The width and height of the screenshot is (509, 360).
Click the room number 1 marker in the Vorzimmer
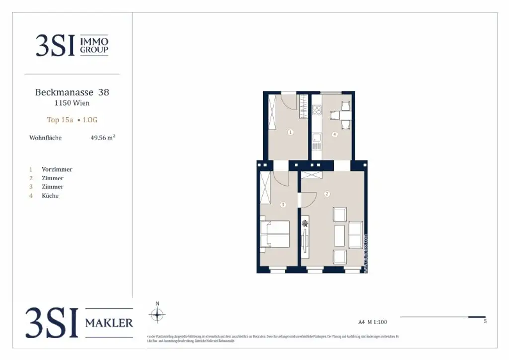290,132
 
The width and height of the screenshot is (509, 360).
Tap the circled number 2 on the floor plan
327,193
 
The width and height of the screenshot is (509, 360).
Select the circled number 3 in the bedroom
283,204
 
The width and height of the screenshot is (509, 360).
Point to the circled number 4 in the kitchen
335,134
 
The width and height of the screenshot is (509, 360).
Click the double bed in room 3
275,234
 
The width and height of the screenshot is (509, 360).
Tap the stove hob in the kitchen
316,111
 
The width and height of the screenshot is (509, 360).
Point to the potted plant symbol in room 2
304,225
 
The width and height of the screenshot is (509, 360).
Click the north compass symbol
157,314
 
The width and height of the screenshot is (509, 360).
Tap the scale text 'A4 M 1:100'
372,322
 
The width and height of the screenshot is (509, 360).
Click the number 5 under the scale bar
485,321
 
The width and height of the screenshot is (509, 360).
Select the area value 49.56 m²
103,138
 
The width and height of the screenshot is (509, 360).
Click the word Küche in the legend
50,196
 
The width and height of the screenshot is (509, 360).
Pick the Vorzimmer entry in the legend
57,169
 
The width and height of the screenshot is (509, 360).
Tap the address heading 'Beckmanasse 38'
72,92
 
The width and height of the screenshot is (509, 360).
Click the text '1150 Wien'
72,103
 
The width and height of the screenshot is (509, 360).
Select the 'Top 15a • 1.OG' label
72,120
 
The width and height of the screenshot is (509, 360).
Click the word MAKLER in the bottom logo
109,323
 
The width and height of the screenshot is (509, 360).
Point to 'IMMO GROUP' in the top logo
94,45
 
